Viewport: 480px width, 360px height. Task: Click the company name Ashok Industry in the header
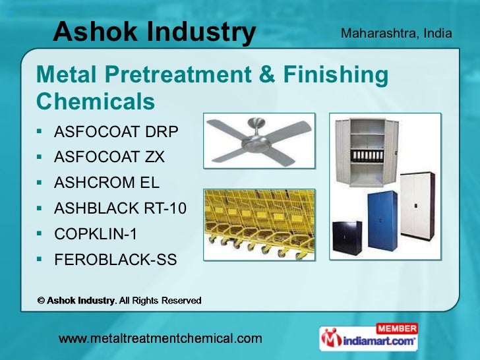[154, 31]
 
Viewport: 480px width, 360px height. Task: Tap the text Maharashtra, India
[396, 32]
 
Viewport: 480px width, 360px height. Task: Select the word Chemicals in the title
[96, 102]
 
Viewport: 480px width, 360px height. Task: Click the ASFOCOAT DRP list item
[116, 132]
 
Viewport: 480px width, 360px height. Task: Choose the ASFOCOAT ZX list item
[109, 158]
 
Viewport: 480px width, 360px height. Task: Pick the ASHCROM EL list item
[107, 183]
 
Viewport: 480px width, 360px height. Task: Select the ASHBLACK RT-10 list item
[120, 209]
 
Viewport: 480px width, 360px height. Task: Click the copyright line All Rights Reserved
[119, 301]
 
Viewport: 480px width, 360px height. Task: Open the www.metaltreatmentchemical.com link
[160, 339]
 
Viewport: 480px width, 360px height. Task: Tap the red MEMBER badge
[396, 328]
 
